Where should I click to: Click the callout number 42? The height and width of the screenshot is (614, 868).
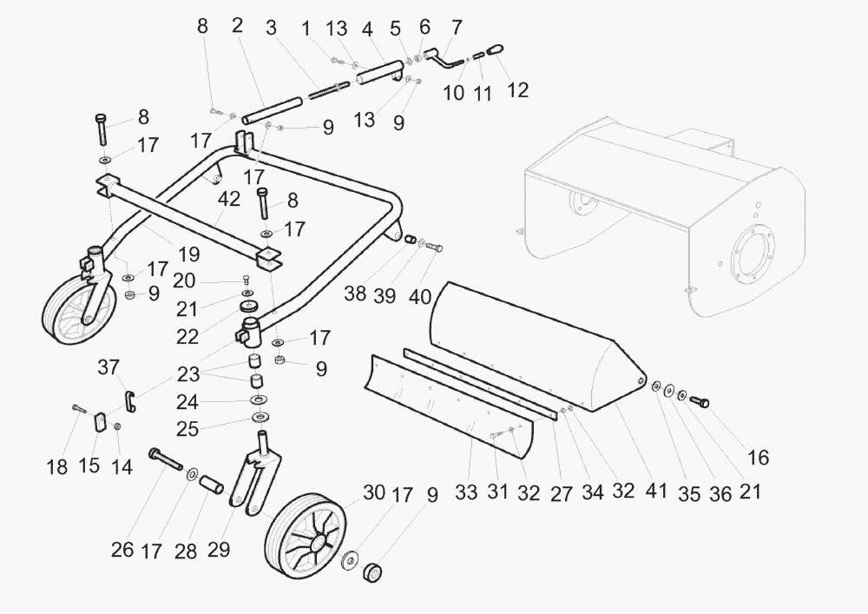pos(229,199)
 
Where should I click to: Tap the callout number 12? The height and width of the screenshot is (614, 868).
pos(517,90)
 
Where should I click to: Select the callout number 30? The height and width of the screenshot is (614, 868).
pos(374,492)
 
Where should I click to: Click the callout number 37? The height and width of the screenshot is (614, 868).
pos(108,368)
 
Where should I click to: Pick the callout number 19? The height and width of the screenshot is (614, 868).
pos(188,254)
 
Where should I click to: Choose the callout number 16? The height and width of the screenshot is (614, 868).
pos(757,457)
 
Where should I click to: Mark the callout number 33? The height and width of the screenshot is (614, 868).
pos(467,492)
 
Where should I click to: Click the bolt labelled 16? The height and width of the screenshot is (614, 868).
pos(700,401)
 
